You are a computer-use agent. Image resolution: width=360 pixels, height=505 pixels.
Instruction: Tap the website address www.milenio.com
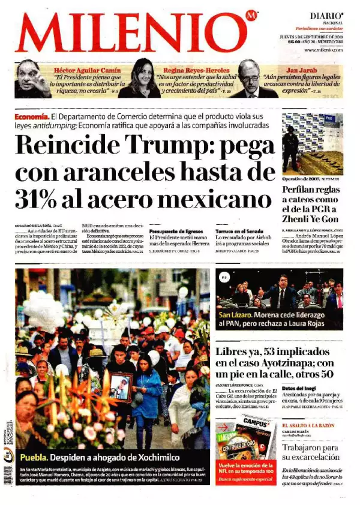[x=323, y=50]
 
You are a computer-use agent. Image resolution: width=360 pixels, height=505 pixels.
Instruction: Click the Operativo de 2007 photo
[x=313, y=143]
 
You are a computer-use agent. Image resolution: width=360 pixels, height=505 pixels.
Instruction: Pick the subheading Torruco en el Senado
[x=238, y=230]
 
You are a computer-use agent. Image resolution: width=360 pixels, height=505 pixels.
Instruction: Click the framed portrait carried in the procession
[x=121, y=387]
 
